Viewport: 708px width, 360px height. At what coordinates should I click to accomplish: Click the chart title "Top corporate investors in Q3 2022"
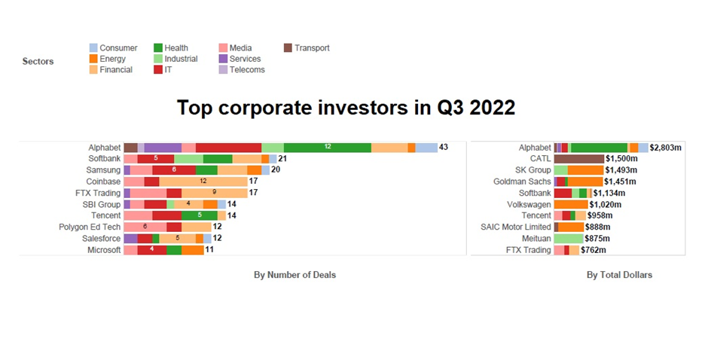pos(346,108)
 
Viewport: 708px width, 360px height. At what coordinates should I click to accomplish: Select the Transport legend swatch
pos(288,48)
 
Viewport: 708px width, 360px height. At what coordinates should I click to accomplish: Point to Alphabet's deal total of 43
pos(444,148)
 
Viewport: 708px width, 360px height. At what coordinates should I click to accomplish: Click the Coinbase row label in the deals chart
pos(103,182)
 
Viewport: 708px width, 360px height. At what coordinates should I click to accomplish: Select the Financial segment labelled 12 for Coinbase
pos(203,182)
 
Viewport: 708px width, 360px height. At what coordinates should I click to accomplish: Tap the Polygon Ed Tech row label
pos(90,227)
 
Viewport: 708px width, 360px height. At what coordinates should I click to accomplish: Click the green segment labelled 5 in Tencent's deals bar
pos(200,215)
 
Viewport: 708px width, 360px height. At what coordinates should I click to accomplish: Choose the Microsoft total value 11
pos(209,250)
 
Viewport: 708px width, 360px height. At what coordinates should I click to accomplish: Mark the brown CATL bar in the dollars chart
pos(578,159)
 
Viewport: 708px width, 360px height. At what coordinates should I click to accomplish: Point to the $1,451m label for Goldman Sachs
pos(623,182)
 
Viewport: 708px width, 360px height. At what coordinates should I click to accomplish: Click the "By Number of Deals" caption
pos(294,275)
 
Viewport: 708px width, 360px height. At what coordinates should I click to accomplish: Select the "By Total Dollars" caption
pos(619,275)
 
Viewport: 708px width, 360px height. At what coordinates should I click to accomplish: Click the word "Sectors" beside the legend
pos(38,61)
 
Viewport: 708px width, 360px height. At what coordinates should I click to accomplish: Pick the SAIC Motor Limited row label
pos(515,227)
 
